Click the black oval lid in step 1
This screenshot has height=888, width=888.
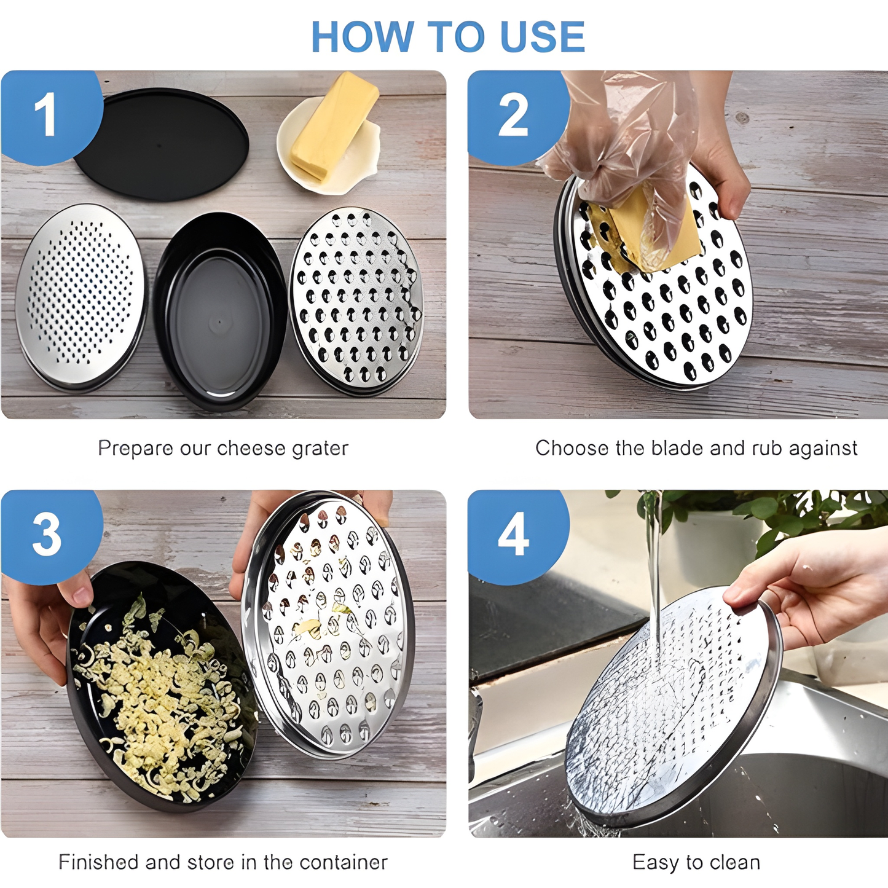click(x=161, y=144)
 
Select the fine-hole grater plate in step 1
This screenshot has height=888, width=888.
click(x=81, y=296)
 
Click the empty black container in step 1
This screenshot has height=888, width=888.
click(x=219, y=311)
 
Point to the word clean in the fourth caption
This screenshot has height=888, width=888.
click(x=731, y=862)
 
